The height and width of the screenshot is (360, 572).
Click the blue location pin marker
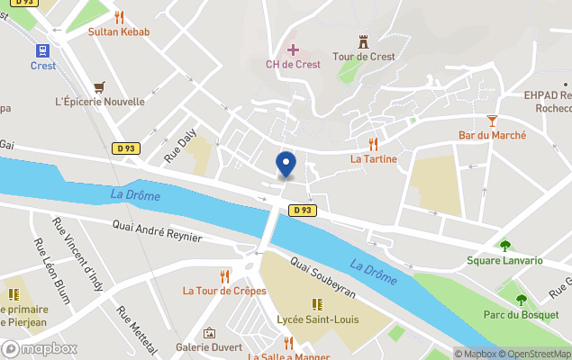click(286, 164)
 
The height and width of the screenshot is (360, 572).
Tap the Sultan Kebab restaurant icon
click(119, 16)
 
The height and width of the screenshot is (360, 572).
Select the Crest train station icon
click(42, 50)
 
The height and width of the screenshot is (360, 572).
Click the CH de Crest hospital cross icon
click(293, 49)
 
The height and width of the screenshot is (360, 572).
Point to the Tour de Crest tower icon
click(364, 41)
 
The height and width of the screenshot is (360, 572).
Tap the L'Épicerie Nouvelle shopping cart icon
click(99, 86)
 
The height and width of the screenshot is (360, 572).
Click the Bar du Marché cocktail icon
click(492, 120)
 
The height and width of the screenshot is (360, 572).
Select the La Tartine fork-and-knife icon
click(373, 144)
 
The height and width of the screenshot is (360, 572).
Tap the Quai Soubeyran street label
click(322, 276)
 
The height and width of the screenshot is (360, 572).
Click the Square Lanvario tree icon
click(504, 246)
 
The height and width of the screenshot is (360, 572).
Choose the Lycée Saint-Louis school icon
click(316, 304)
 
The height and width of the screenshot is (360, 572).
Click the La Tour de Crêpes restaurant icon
click(225, 275)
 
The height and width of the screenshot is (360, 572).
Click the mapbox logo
click(40, 348)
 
